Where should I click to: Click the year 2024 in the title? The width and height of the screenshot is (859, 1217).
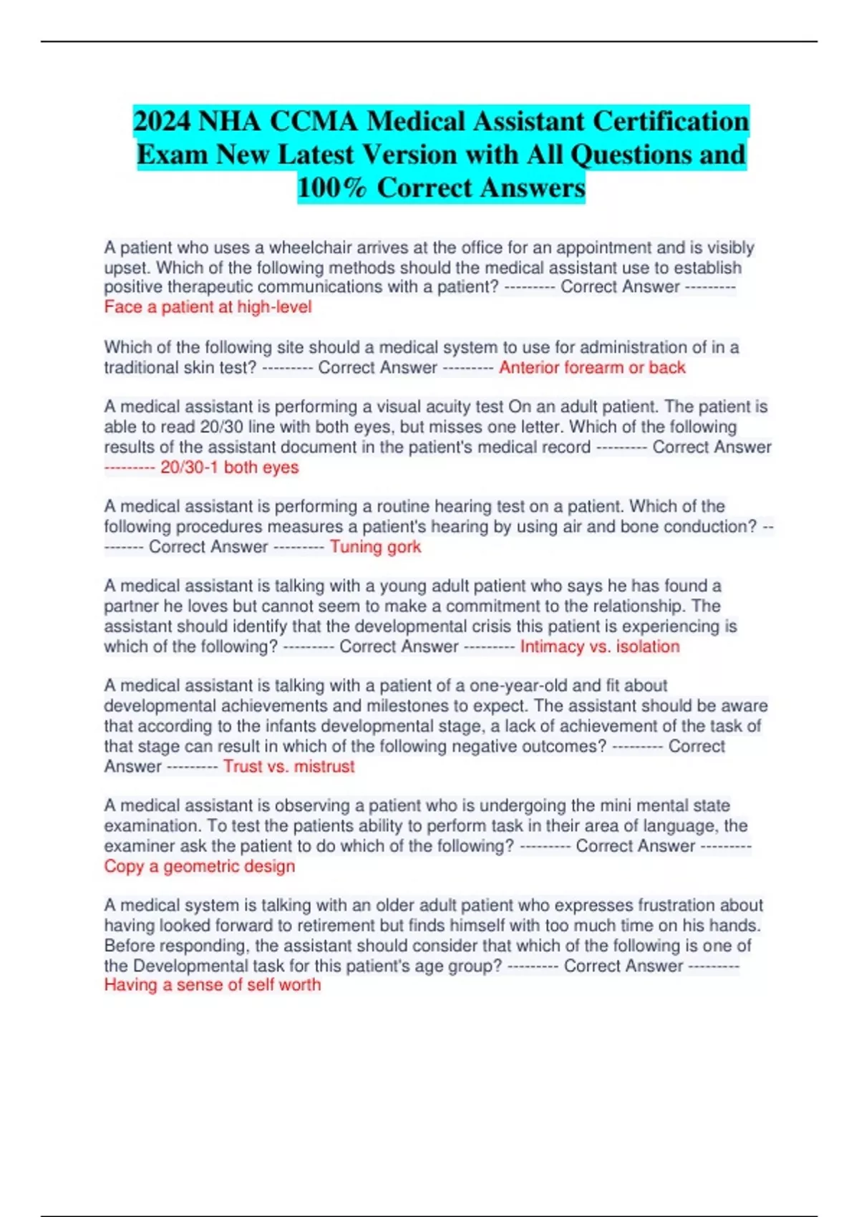click(162, 122)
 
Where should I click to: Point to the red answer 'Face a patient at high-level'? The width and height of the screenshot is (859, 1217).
click(208, 307)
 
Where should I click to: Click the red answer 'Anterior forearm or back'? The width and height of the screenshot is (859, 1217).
click(592, 368)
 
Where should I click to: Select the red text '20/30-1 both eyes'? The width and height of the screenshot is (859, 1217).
click(229, 467)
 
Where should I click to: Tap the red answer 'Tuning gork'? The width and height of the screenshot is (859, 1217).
click(375, 547)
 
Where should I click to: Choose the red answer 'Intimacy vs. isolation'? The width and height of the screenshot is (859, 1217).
click(600, 646)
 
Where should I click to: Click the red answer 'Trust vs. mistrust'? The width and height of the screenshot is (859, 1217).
click(288, 766)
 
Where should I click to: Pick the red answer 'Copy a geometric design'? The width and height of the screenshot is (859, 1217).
click(200, 866)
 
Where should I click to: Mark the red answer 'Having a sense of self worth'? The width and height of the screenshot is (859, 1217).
click(213, 985)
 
